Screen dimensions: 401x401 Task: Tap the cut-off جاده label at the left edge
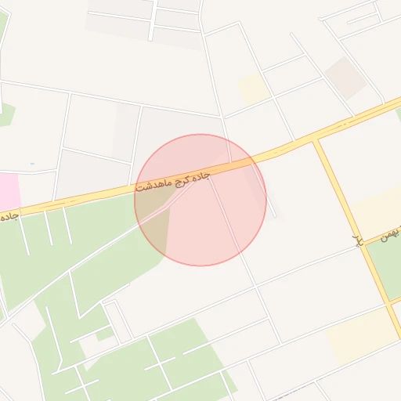point(9,214)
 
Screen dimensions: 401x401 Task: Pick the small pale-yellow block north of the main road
point(254,89)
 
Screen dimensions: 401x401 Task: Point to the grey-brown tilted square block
point(345,77)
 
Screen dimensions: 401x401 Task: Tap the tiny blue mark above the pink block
point(32,164)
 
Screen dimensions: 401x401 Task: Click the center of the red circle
point(200,200)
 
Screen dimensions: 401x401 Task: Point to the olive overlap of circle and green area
point(154,222)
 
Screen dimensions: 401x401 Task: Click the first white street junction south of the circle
point(255,285)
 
